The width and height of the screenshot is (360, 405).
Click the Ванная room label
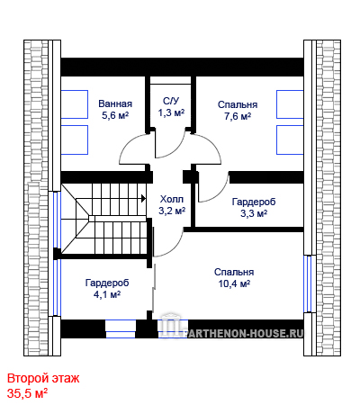coord(115,103)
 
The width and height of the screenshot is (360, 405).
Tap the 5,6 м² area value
coord(115,115)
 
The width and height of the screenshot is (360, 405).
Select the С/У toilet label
coord(171,101)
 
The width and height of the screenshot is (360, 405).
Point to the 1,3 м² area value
coord(171,112)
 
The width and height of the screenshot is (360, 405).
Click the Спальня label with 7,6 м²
coord(238,104)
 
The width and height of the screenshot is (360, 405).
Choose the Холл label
coord(172,199)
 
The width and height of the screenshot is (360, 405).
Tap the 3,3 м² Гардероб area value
coord(254,213)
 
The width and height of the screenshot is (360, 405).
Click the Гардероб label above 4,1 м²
coord(107,283)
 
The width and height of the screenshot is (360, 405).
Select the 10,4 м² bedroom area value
coord(234,283)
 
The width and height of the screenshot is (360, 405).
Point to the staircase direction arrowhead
coord(143,198)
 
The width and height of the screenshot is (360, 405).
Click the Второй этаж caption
coord(43,378)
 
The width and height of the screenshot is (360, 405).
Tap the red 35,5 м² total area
coord(27,393)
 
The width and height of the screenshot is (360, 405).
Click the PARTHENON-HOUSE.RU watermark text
coord(245,333)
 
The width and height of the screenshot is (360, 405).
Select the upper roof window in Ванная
coord(75,104)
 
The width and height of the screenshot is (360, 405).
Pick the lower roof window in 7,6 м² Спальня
coord(290,140)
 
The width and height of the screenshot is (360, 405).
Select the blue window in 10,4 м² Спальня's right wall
coord(308,283)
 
